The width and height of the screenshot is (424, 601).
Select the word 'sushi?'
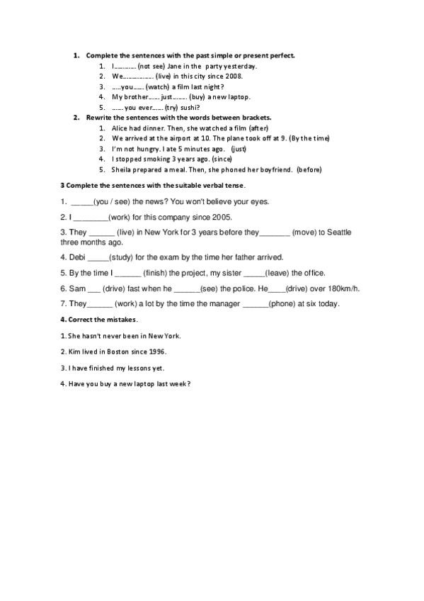click(190, 107)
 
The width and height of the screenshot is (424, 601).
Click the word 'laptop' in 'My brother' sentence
click(239, 96)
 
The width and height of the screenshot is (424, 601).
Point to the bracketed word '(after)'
click(257, 128)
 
